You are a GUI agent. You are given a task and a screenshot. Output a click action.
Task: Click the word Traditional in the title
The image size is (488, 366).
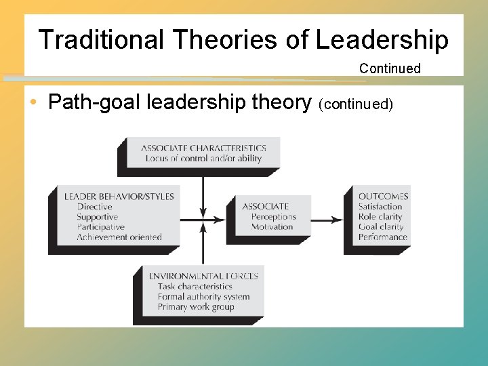(x=101, y=40)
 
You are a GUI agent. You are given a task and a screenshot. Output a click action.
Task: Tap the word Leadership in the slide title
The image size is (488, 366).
(x=382, y=40)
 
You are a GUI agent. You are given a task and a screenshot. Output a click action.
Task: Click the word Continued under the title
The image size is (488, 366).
(x=390, y=68)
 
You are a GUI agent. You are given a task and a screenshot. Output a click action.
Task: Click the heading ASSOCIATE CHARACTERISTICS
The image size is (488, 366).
(x=203, y=148)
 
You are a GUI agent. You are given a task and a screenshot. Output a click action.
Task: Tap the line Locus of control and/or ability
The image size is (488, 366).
(x=203, y=159)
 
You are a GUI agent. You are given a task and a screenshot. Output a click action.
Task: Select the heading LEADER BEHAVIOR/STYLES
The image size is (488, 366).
(x=119, y=197)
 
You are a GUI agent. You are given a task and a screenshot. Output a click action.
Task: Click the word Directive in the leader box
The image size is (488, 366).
(x=94, y=207)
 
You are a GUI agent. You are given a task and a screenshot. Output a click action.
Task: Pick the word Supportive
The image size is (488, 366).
(x=97, y=217)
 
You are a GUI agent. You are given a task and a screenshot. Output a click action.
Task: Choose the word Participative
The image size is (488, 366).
(x=100, y=227)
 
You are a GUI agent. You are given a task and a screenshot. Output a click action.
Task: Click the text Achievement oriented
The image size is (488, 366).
(x=119, y=237)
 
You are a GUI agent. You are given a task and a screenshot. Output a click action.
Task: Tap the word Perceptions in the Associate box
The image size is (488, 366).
(x=274, y=217)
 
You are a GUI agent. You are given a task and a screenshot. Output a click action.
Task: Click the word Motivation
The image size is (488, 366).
(x=272, y=227)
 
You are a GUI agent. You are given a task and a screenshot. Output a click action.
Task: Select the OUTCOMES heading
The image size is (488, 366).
(x=384, y=197)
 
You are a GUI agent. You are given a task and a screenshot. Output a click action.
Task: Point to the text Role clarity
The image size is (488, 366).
(x=380, y=217)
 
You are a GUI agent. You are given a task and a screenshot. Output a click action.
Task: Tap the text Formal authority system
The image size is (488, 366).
(x=203, y=296)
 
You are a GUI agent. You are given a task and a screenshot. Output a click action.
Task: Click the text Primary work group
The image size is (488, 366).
(x=196, y=306)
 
